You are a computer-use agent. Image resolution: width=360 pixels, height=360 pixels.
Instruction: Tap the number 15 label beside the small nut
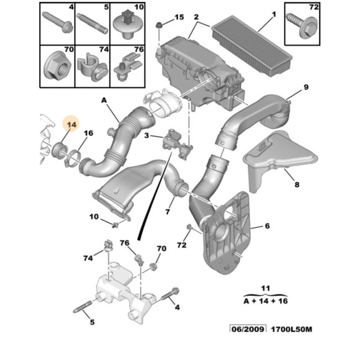tap(179, 17)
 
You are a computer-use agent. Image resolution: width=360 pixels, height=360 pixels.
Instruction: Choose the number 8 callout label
tap(297, 184)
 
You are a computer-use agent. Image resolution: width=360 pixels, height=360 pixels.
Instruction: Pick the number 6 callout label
tap(267, 226)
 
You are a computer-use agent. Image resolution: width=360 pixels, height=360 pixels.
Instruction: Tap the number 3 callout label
tap(147, 135)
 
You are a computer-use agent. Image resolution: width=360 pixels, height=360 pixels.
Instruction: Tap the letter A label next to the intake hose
tap(104, 101)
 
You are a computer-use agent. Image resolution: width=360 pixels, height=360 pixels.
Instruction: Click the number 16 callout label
tap(88, 133)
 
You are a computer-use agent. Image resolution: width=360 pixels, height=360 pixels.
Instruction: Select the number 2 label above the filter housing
tap(196, 17)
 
